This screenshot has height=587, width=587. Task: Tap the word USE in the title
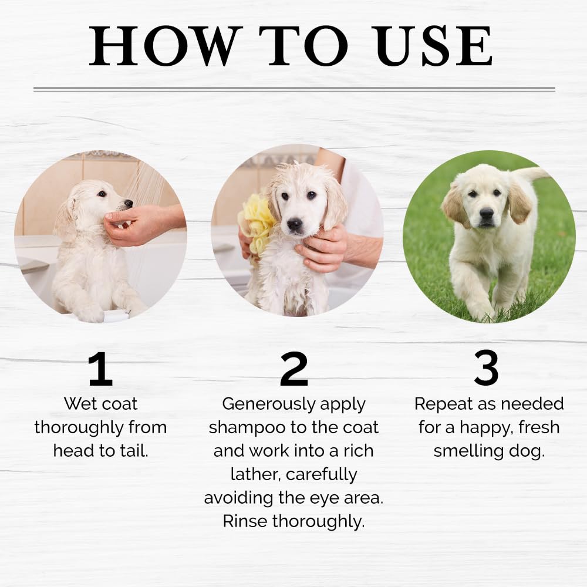tap(434, 46)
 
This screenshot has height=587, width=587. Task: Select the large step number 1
tap(100, 369)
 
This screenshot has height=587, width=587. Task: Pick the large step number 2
tap(294, 369)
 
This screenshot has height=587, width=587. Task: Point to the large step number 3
tap(486, 368)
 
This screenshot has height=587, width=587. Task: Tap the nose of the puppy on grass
tap(486, 214)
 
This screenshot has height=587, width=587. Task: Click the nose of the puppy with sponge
tap(295, 224)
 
